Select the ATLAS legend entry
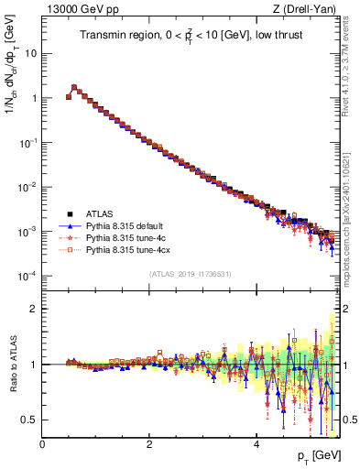point(102,213)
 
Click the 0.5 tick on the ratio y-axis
point(29,420)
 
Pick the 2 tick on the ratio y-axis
point(33,309)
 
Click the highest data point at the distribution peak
point(74,88)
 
